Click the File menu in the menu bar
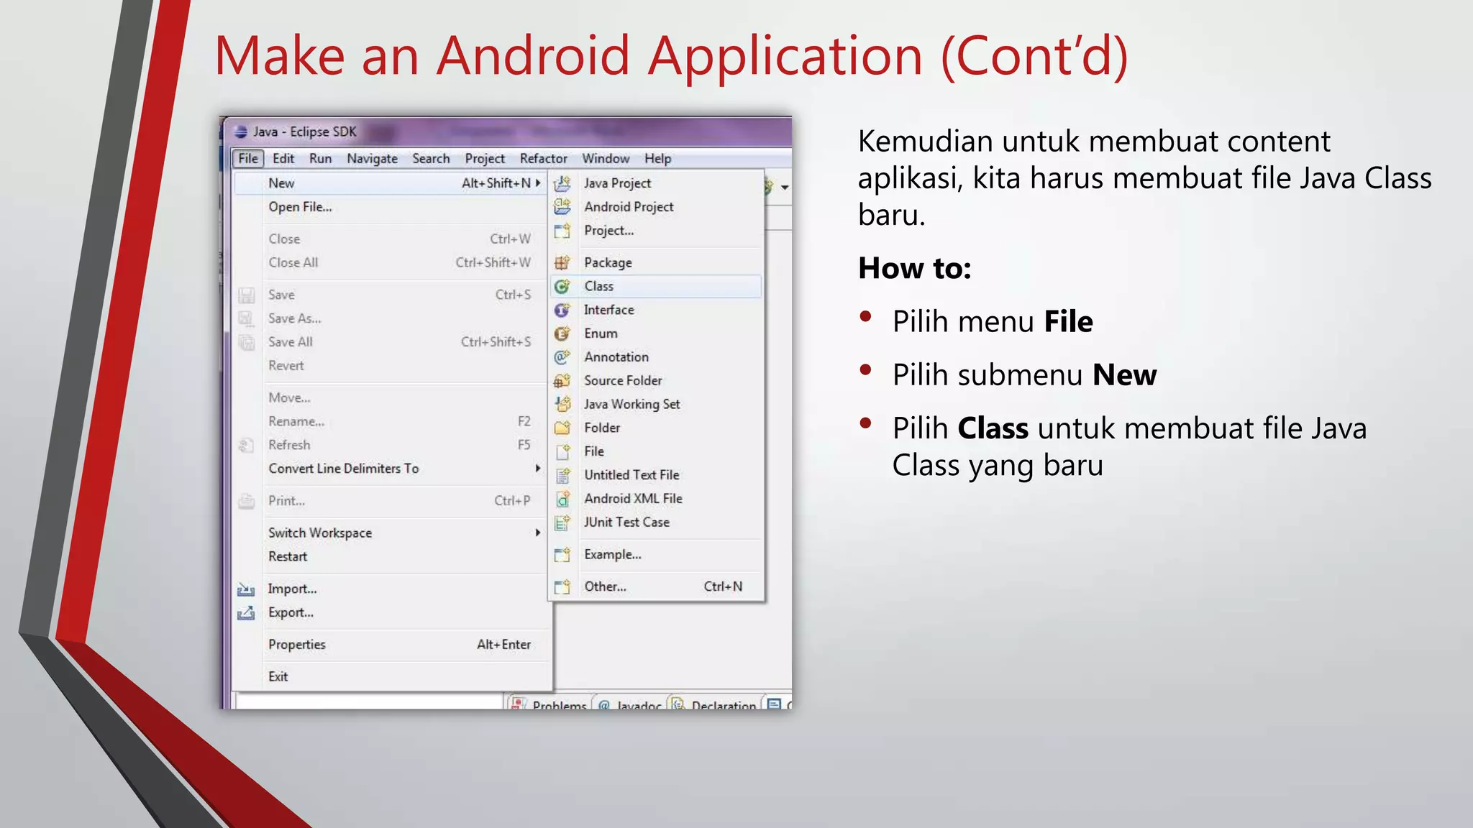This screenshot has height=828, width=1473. tap(248, 159)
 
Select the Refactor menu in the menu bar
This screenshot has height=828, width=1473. tap(543, 159)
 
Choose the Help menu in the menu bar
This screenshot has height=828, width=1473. tap(657, 159)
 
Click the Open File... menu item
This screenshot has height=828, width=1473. tap(300, 207)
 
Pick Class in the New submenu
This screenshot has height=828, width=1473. tap(598, 286)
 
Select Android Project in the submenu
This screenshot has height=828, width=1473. tap(629, 207)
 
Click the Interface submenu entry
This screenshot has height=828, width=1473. tap(608, 310)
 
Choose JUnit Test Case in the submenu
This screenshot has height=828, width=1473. tap(626, 523)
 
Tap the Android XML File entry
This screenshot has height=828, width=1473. tap(633, 499)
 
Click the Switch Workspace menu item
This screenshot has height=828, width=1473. tap(320, 533)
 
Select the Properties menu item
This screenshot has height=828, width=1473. tap(297, 645)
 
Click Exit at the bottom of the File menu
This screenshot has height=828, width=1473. tap(278, 676)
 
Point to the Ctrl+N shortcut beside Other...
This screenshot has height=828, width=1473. tap(723, 586)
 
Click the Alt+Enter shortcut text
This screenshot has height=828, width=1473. tap(503, 645)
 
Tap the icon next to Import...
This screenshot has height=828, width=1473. tap(246, 589)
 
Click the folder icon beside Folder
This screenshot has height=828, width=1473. tap(562, 428)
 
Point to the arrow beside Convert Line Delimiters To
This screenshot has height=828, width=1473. tap(537, 469)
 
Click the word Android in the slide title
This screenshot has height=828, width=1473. tap(533, 55)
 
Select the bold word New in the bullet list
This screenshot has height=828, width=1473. tap(1124, 375)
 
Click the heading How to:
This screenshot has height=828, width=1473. tap(914, 269)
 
